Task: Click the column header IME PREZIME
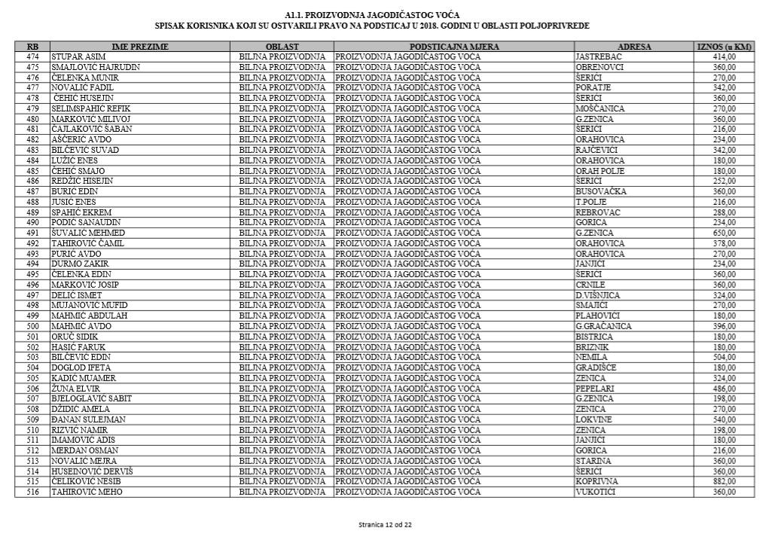140,47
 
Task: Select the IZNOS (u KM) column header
725,47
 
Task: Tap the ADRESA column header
633,47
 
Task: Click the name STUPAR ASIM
78,56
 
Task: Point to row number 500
32,326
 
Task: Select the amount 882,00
725,481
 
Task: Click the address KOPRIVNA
597,481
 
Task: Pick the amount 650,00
725,233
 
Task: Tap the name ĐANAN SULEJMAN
88,419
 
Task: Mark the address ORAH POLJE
600,170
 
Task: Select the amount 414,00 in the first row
725,56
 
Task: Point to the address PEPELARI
594,388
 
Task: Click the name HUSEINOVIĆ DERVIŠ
92,471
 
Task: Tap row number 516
32,492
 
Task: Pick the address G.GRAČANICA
603,326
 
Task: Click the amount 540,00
725,419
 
